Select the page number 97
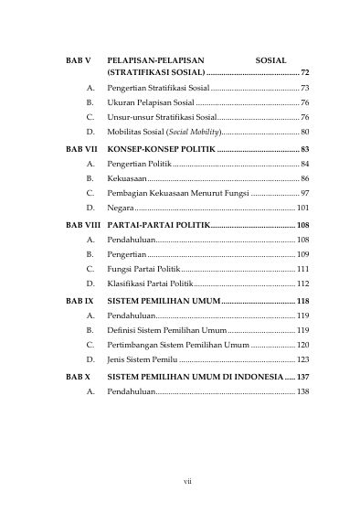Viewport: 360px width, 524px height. (304, 194)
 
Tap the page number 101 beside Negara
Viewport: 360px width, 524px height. (302, 209)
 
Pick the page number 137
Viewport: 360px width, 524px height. (302, 376)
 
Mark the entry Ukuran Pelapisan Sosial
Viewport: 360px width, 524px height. (150, 102)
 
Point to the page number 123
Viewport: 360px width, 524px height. (302, 360)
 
